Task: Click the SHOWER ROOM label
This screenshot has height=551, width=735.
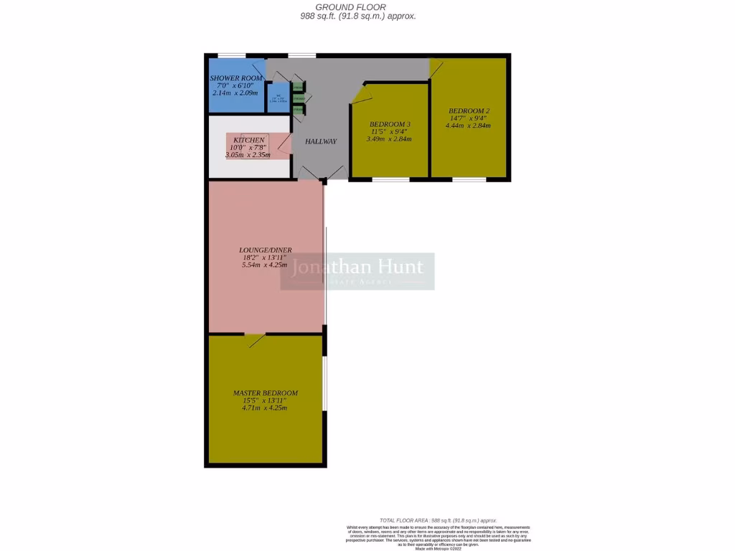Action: tap(236, 78)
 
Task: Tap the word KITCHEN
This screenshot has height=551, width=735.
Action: tap(249, 140)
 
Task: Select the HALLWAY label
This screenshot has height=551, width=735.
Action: tap(320, 141)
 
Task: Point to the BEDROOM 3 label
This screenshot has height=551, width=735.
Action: tap(390, 124)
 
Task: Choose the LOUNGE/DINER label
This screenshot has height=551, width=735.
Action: tap(265, 250)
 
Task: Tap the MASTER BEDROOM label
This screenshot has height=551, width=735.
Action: tap(265, 393)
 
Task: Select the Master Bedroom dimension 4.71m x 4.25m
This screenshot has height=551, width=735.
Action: tap(265, 408)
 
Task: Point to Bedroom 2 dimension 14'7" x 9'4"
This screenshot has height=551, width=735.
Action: tap(469, 118)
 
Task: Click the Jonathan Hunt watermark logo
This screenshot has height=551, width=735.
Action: tap(357, 271)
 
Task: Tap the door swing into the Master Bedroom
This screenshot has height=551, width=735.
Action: tap(256, 340)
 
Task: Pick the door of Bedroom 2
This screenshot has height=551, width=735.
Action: tap(436, 69)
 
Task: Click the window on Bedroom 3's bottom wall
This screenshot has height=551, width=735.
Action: tap(390, 179)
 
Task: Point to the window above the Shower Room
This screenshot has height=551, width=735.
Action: tap(232, 55)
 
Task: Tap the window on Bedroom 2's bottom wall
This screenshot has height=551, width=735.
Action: tap(469, 179)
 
